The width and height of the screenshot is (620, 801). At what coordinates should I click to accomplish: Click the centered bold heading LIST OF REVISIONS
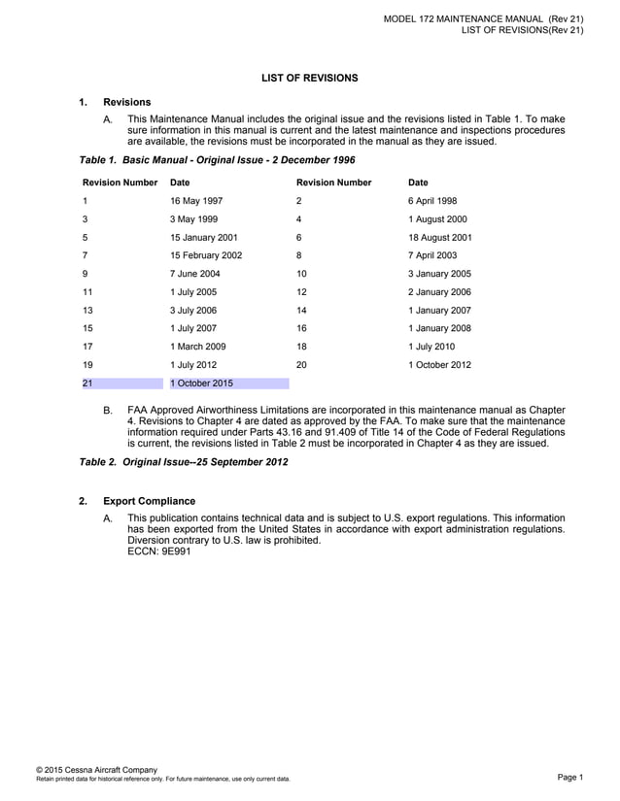tap(309, 78)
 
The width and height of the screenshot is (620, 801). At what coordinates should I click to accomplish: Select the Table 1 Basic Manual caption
tap(217, 159)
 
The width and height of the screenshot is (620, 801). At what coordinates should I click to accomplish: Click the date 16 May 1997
tap(196, 201)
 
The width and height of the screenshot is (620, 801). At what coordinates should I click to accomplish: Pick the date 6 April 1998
tap(432, 201)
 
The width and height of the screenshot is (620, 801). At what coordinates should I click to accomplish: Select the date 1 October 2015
tap(201, 384)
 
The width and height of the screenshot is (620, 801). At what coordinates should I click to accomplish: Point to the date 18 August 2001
tap(440, 237)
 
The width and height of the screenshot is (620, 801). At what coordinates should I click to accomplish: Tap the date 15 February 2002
tap(206, 255)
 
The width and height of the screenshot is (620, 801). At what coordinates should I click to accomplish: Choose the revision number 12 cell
tap(302, 292)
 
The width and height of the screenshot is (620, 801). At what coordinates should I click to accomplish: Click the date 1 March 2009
tap(198, 347)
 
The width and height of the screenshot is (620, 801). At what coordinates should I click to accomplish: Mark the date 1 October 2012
tap(439, 365)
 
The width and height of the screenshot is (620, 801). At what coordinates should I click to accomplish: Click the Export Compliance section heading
tap(150, 502)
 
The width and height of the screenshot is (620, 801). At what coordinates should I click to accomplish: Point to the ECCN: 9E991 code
tap(159, 551)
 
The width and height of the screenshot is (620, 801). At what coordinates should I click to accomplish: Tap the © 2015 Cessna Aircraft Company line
tap(96, 769)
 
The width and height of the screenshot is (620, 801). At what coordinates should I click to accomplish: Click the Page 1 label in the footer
tap(569, 777)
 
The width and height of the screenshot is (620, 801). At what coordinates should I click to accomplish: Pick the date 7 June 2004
tap(194, 274)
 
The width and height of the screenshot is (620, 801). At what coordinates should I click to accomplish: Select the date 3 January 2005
tap(439, 274)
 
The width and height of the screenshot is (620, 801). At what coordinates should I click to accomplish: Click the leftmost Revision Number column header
tap(121, 183)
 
